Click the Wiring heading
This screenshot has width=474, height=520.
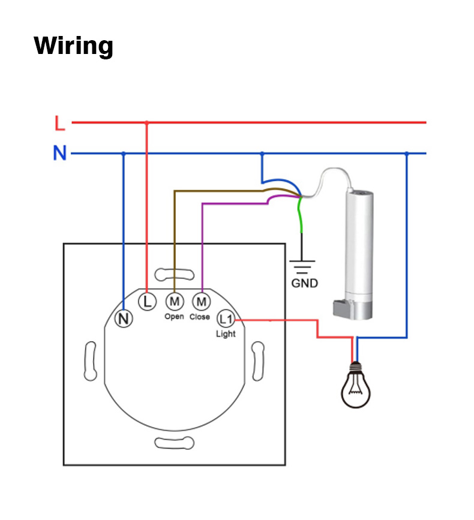click(x=73, y=46)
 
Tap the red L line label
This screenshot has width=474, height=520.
click(x=59, y=124)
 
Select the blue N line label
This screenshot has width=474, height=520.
click(x=59, y=154)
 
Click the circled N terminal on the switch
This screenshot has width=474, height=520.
click(x=124, y=319)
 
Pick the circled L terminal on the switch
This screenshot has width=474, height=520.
click(x=147, y=301)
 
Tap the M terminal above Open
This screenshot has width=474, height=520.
click(x=175, y=300)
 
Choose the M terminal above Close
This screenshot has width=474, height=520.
click(x=201, y=300)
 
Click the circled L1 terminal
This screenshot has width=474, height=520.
click(x=226, y=318)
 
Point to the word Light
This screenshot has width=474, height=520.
click(x=226, y=334)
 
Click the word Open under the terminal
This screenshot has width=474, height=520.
click(x=174, y=316)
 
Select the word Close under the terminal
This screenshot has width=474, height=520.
click(x=200, y=316)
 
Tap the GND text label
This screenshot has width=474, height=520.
click(x=304, y=283)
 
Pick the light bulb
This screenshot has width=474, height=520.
click(x=356, y=386)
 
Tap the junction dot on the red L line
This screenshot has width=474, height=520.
click(x=147, y=123)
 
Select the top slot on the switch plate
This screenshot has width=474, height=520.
click(x=175, y=275)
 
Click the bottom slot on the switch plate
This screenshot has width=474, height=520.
click(x=175, y=443)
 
